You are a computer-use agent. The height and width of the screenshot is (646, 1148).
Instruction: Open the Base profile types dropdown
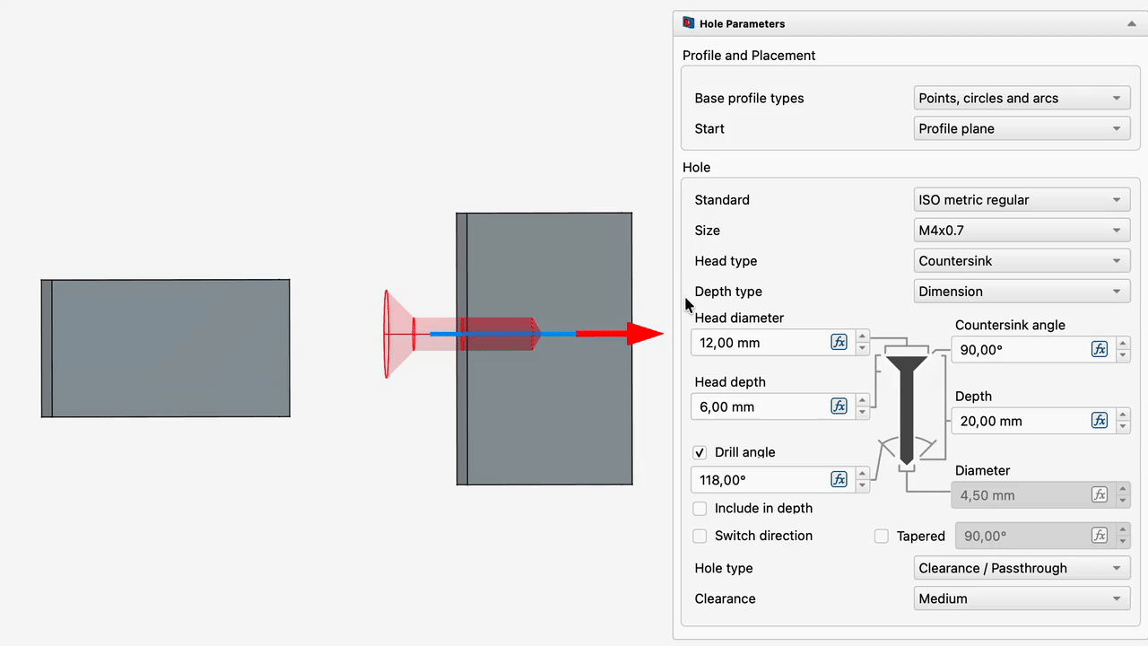(1022, 98)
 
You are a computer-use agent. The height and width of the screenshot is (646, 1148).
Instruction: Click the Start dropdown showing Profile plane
(1022, 128)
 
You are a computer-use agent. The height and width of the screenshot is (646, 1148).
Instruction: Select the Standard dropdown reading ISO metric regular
(1022, 200)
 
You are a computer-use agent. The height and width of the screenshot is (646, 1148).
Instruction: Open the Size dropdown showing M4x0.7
(1022, 231)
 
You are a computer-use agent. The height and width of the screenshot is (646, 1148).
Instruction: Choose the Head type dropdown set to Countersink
(1022, 261)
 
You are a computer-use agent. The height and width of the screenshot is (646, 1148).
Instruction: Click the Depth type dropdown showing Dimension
(1022, 292)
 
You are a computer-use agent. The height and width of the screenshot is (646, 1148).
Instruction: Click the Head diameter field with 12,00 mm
(761, 343)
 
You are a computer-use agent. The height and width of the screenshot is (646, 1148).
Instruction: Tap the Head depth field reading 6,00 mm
(761, 406)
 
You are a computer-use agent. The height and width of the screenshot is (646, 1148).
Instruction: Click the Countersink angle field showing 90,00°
(1022, 350)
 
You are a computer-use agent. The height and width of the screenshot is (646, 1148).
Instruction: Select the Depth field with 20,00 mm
(1022, 421)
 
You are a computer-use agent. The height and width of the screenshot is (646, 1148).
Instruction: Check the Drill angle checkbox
(700, 452)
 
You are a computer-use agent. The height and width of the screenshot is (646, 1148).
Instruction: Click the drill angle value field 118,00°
(761, 480)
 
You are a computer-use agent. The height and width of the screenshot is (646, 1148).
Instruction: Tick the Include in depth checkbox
(700, 508)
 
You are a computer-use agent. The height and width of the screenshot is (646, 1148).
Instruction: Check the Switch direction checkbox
(700, 536)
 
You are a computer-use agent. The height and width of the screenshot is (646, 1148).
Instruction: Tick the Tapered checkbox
(881, 536)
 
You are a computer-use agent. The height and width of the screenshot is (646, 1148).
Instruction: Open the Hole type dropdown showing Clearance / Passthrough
(1022, 568)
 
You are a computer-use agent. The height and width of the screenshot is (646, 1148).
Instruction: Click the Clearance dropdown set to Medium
(1022, 598)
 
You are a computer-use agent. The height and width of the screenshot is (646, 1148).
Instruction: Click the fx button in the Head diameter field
(839, 342)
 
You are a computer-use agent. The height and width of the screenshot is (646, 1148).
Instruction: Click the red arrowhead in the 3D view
(645, 334)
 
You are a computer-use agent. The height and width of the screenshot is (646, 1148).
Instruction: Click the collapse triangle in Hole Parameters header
(1132, 23)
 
